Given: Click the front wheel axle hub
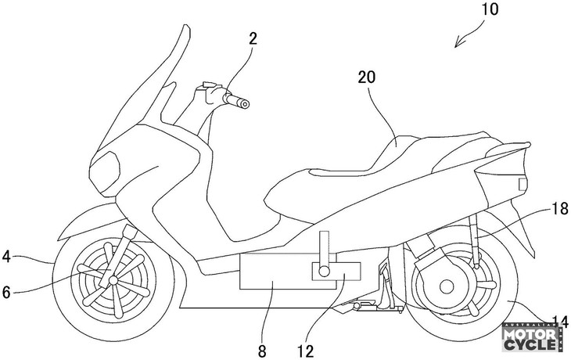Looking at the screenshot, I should point(114,280).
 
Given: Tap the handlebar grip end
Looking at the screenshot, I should point(244,103).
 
